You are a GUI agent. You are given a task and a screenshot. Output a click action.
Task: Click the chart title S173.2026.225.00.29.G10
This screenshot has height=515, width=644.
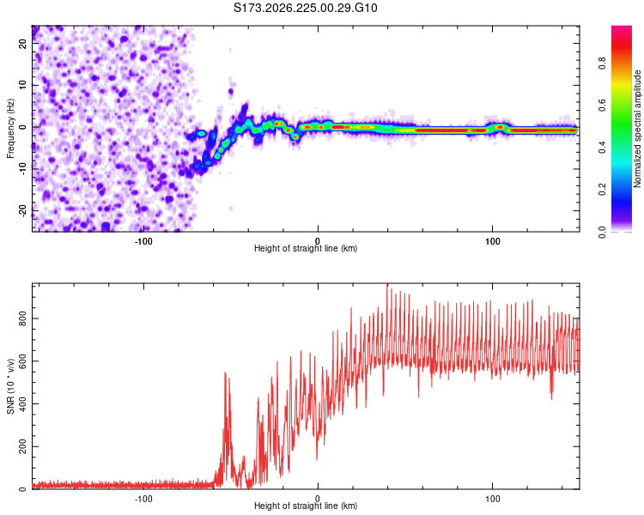point(305,8)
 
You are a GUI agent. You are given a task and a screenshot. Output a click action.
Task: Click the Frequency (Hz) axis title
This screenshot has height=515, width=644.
point(10,129)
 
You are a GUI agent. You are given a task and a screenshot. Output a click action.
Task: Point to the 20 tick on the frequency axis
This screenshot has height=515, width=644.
point(22,44)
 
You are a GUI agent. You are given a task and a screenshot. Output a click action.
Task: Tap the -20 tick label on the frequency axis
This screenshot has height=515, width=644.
point(22,210)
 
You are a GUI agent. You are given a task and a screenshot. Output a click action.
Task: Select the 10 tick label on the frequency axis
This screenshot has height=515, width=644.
point(22,85)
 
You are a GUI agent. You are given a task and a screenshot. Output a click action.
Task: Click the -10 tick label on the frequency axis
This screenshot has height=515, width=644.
point(22,169)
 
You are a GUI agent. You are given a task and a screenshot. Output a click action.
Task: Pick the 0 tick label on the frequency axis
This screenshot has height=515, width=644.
point(22,127)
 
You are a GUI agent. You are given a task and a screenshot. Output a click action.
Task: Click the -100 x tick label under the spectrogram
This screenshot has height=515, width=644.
point(143,241)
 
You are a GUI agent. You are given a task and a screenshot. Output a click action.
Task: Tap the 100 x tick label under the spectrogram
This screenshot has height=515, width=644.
point(492,241)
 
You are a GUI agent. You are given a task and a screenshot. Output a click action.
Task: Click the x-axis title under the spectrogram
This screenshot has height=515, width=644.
point(306,248)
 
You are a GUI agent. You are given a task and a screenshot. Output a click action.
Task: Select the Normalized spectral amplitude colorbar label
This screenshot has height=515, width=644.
point(637,129)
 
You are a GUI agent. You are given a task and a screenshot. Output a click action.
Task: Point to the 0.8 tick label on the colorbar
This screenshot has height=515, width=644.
point(602,64)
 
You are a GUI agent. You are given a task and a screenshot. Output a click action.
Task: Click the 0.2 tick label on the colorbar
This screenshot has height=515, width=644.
point(602,190)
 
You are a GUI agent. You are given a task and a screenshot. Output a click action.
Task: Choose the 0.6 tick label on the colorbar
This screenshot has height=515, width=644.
point(602,105)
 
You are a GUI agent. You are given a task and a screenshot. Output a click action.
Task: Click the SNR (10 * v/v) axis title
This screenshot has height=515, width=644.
point(10,386)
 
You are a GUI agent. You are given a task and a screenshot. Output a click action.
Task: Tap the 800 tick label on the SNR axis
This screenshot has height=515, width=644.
point(22,318)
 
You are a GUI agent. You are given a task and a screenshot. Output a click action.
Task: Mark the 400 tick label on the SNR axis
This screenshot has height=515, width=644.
point(22,403)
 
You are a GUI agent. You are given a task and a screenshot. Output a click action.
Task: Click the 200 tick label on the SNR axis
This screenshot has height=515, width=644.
point(22,446)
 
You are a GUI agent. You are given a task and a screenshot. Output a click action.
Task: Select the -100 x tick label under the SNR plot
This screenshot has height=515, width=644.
point(143,499)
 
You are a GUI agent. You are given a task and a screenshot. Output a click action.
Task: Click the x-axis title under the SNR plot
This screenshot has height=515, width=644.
point(306,506)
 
